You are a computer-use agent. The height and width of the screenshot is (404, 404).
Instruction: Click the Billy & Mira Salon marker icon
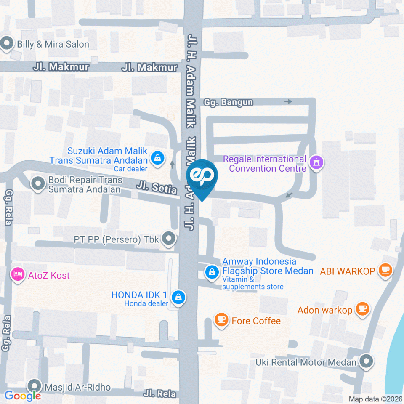(x=7, y=44)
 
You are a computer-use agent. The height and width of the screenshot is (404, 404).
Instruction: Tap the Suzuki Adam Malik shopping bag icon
(x=157, y=159)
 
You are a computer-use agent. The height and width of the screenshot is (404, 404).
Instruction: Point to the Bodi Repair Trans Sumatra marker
(x=38, y=183)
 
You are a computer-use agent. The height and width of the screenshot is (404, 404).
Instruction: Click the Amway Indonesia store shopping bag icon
(x=212, y=271)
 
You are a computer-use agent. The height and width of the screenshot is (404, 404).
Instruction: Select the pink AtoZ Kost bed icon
(x=17, y=275)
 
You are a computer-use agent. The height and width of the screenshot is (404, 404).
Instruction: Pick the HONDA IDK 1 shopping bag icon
(x=179, y=298)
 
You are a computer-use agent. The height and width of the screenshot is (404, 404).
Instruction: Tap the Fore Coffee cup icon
(x=221, y=320)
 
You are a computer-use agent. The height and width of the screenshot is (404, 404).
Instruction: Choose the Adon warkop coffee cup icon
(x=362, y=309)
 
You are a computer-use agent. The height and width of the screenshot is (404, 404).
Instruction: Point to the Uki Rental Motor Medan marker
(x=367, y=361)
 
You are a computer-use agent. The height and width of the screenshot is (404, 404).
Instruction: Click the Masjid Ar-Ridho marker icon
(x=34, y=386)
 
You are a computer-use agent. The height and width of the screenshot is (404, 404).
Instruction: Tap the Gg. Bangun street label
(x=229, y=102)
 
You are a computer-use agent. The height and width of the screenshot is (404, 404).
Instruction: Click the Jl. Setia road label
(x=156, y=187)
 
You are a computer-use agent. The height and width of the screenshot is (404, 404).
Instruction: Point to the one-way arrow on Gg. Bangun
(x=288, y=101)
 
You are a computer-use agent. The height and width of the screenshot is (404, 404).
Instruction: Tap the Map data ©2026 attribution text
(x=375, y=399)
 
